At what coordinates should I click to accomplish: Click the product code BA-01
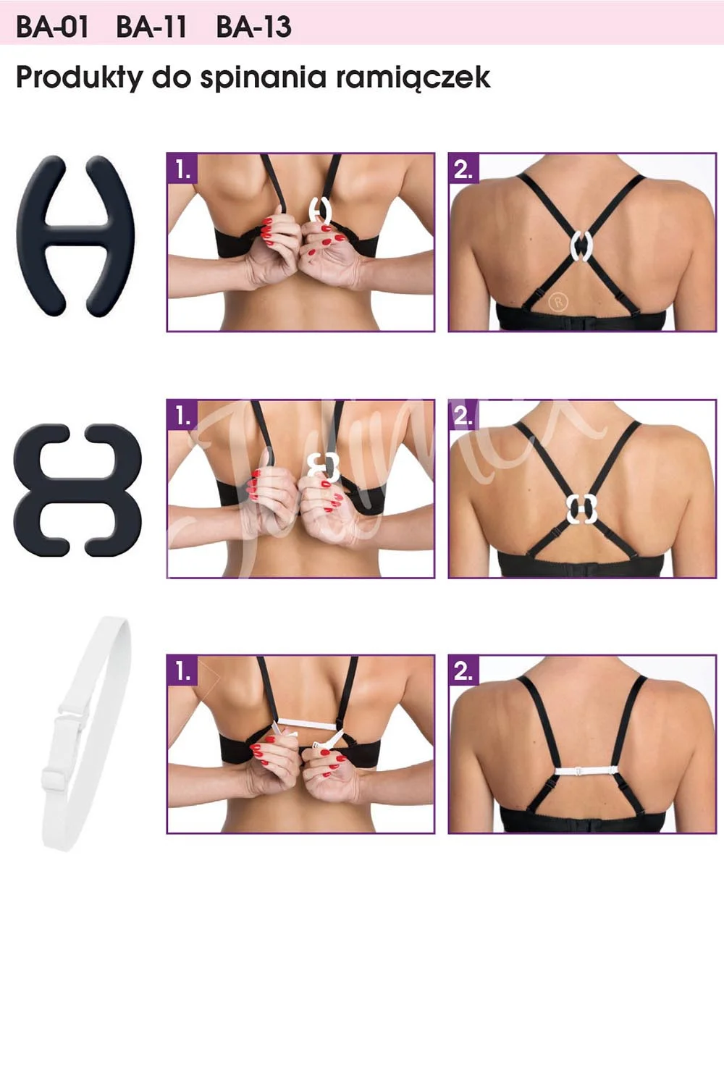pyautogui.click(x=52, y=28)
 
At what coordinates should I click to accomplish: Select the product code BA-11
pyautogui.click(x=151, y=28)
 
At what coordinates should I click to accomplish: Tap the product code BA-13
pyautogui.click(x=253, y=28)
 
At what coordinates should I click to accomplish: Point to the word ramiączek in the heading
pyautogui.click(x=413, y=78)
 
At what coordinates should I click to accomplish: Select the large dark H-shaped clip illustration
pyautogui.click(x=75, y=235)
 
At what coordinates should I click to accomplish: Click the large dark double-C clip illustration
pyautogui.click(x=77, y=489)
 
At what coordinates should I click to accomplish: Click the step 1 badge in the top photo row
pyautogui.click(x=182, y=169)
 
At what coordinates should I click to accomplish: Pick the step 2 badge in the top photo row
pyautogui.click(x=464, y=169)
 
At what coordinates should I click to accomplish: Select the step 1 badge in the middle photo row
pyautogui.click(x=182, y=415)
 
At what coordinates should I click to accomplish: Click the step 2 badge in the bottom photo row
pyautogui.click(x=464, y=671)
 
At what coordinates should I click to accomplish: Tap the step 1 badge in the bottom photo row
pyautogui.click(x=182, y=671)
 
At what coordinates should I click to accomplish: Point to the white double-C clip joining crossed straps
pyautogui.click(x=581, y=508)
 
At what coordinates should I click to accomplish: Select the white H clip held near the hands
pyautogui.click(x=319, y=211)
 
